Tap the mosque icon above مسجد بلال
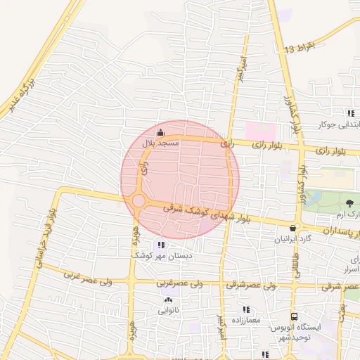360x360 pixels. [x=160, y=132]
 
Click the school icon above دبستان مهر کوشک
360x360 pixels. [x=162, y=245]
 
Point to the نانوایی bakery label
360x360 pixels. [x=168, y=309]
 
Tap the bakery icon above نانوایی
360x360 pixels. [x=168, y=300]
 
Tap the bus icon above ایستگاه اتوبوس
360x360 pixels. [x=294, y=316]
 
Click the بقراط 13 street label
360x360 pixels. [x=305, y=46]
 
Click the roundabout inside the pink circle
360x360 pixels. [x=139, y=202]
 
